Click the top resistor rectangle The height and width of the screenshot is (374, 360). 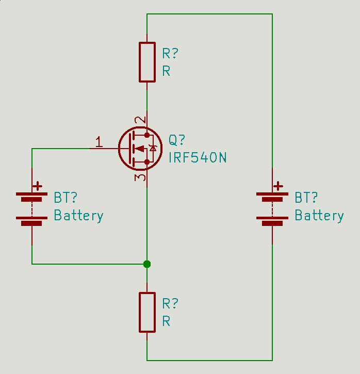[147, 62]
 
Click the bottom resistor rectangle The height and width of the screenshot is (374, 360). [147, 312]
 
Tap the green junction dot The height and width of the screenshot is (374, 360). [147, 264]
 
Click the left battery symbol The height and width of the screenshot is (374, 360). [32, 209]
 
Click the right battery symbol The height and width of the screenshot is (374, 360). [272, 209]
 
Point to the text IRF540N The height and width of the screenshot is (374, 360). [198, 158]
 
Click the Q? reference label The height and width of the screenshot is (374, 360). [177, 140]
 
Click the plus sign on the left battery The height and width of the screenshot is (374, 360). [38, 186]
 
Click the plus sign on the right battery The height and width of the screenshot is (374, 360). [278, 186]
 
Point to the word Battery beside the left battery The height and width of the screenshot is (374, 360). [78, 216]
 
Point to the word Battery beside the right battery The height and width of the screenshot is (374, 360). [319, 216]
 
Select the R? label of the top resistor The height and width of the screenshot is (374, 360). [170, 54]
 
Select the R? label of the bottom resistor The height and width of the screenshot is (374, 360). [170, 303]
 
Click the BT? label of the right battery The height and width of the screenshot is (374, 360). [306, 198]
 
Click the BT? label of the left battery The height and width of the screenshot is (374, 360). [66, 198]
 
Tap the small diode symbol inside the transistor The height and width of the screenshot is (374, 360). [153, 149]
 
